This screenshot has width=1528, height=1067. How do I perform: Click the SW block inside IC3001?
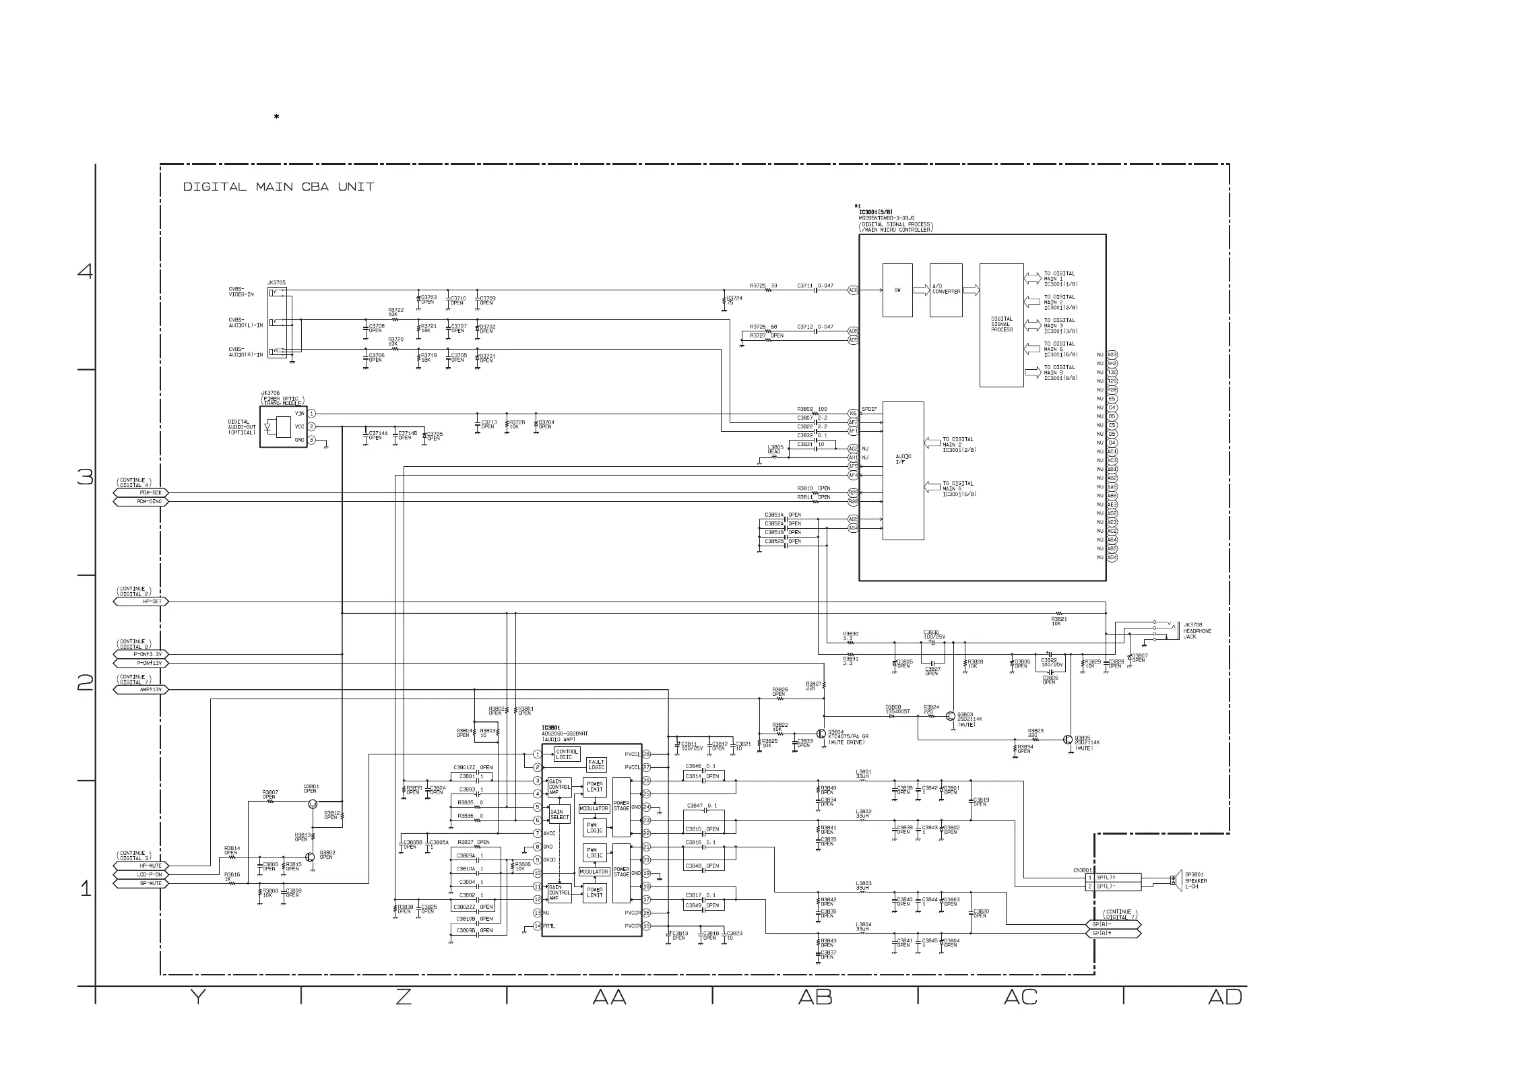pos(897,290)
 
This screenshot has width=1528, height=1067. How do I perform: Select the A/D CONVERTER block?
pos(946,290)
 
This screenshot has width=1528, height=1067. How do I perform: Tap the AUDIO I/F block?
pos(903,471)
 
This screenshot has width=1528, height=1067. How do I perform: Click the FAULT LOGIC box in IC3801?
pos(596,765)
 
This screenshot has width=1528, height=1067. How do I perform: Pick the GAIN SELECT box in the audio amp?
pos(559,814)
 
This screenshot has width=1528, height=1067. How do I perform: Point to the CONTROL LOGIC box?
pos(566,754)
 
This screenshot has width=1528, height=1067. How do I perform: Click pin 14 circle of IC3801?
pos(537,926)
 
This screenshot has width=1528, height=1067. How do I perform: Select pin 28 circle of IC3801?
pos(646,754)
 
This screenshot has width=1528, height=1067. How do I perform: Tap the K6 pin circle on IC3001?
pos(853,413)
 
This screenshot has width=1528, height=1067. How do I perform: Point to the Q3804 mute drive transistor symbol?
pos(821,734)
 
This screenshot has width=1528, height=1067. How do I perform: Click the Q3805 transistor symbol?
pos(1068,740)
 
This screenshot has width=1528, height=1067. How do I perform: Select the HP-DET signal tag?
pos(141,602)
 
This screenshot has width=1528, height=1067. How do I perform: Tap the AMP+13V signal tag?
pos(141,690)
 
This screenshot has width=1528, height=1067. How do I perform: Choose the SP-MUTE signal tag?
pos(141,883)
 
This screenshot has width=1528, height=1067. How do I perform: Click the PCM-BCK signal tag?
pos(141,493)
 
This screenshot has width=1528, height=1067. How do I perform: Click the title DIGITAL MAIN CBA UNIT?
pos(278,187)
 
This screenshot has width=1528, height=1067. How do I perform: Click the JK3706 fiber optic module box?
pos(284,426)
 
